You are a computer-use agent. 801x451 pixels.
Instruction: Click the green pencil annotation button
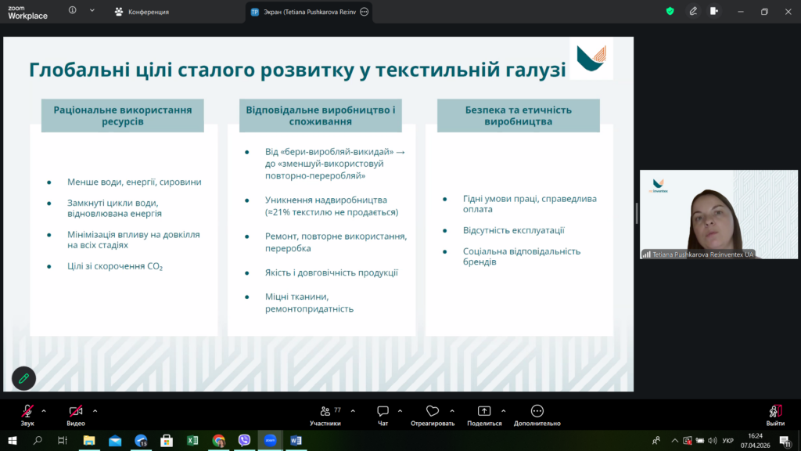23,378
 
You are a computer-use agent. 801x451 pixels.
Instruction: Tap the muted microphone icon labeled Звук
27,411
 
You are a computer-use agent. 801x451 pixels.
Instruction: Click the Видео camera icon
76,411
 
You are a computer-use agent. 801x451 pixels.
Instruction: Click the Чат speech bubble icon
383,411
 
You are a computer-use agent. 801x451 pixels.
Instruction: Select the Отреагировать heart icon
433,411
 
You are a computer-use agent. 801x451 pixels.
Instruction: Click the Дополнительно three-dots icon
537,411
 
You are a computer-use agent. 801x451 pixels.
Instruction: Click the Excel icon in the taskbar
192,440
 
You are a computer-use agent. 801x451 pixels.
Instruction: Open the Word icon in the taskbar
296,440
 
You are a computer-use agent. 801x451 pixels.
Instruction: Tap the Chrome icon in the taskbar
219,440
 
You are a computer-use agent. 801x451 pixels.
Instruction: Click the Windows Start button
13,440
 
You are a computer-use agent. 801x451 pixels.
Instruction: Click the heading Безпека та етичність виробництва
519,116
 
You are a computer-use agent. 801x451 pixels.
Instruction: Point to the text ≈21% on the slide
278,212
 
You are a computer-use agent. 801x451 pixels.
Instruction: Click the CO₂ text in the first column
154,266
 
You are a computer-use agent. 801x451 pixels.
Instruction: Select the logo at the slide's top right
591,58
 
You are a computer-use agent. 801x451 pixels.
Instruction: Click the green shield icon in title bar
670,11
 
